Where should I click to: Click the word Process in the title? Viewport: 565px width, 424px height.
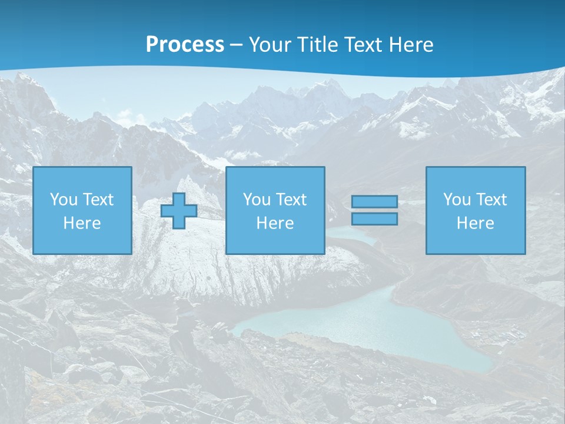(x=185, y=45)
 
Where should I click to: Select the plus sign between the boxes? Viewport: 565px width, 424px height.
(x=179, y=210)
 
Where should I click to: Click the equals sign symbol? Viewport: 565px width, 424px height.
(x=374, y=210)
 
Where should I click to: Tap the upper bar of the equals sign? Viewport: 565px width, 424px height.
(x=374, y=202)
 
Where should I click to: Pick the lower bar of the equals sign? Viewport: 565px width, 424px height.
(x=374, y=219)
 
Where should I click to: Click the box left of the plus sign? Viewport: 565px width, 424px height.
(x=82, y=210)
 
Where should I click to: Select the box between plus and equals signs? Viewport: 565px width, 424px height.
(x=275, y=210)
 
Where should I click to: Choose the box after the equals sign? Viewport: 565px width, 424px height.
(x=476, y=210)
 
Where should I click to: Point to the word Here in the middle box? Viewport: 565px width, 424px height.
(x=275, y=223)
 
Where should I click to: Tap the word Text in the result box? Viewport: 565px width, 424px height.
(x=491, y=200)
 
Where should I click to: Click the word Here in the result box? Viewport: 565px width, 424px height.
(x=476, y=223)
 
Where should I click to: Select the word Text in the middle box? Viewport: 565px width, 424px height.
(x=291, y=200)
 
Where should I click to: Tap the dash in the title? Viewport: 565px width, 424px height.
(x=237, y=45)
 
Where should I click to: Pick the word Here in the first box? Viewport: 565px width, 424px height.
(x=82, y=223)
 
